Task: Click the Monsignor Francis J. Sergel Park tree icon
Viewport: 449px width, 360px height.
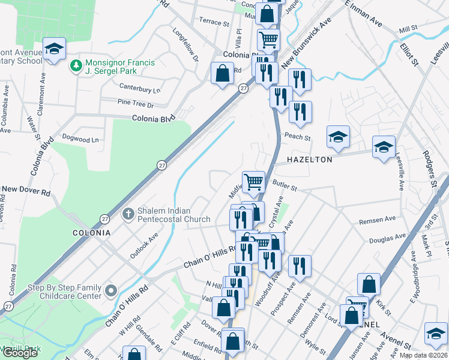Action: click(76, 65)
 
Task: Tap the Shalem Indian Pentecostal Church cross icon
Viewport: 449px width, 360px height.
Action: click(128, 214)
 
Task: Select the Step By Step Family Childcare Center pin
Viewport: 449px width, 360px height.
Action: click(110, 292)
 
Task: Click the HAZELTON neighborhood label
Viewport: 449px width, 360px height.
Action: click(309, 160)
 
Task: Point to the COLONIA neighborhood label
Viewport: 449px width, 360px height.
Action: click(91, 232)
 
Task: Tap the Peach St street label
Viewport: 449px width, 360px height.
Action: click(297, 137)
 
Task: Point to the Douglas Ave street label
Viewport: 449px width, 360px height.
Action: click(384, 239)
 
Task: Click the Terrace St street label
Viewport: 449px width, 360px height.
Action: click(214, 23)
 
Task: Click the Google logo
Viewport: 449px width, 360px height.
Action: click(20, 353)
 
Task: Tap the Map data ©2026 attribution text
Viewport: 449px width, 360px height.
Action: click(424, 355)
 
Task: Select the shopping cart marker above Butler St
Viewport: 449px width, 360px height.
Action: click(254, 181)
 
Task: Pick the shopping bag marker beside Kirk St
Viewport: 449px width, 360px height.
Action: click(369, 284)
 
